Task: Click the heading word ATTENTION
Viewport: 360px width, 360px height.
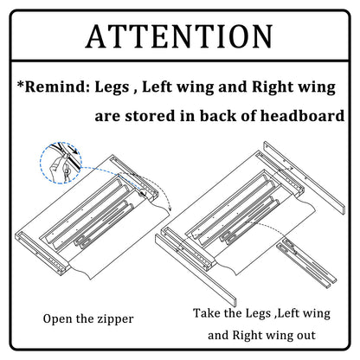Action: tap(179, 36)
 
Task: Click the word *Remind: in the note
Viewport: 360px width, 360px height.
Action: tap(54, 87)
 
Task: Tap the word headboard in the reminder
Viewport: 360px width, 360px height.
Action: tap(302, 116)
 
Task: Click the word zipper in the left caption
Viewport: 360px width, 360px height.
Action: tap(115, 319)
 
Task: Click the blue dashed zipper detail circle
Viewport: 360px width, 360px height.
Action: tap(41, 163)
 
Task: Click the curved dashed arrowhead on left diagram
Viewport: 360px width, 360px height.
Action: tap(170, 209)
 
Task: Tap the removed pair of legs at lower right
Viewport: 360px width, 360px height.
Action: tap(306, 262)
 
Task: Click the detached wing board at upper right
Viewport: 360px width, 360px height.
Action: tap(304, 177)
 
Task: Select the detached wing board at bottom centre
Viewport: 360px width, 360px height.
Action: tap(196, 270)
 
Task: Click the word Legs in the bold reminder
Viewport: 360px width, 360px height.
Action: tap(112, 87)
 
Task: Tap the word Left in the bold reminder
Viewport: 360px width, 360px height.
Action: tap(157, 87)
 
